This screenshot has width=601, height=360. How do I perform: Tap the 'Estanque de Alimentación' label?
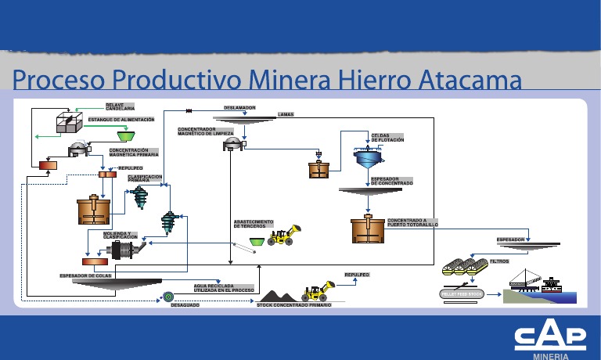click(x=121, y=119)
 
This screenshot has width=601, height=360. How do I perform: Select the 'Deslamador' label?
click(x=239, y=107)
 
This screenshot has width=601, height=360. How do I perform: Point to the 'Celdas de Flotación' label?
click(x=387, y=137)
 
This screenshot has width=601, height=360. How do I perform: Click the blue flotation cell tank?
click(x=365, y=160)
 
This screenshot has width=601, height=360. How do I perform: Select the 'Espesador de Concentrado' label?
click(x=391, y=181)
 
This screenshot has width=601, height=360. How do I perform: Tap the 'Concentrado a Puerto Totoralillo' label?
click(x=412, y=222)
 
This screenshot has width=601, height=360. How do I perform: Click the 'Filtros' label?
click(x=499, y=261)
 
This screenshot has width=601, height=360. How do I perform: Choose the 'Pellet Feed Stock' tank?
click(x=462, y=293)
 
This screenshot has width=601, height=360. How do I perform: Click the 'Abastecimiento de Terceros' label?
click(x=253, y=224)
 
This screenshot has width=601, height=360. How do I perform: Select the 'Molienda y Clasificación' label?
click(x=121, y=235)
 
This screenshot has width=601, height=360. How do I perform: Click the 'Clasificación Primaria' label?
click(x=144, y=178)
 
